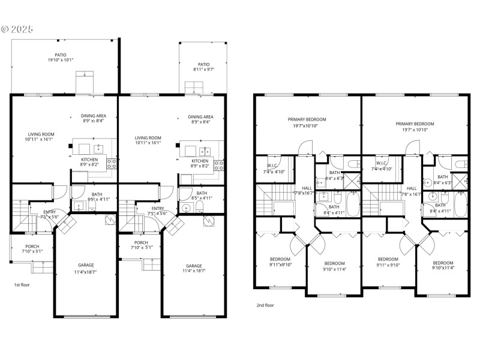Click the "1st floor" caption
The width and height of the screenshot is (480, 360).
(22, 284)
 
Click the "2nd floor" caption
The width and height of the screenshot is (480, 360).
(265, 305)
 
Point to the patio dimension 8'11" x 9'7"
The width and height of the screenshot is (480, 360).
(204, 70)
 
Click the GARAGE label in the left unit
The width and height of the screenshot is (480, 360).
(86, 265)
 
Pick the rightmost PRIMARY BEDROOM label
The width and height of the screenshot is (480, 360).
(415, 124)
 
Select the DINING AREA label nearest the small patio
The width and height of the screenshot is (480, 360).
(200, 117)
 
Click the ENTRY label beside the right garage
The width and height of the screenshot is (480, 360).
(158, 208)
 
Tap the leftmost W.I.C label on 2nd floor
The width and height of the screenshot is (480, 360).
(272, 163)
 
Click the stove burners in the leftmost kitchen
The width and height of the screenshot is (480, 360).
(112, 161)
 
